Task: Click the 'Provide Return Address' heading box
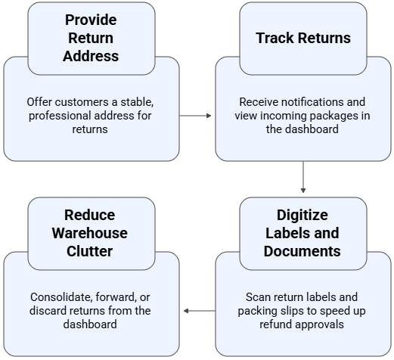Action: (91, 38)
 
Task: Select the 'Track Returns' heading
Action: (302, 38)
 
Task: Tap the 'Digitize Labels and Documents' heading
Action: (302, 233)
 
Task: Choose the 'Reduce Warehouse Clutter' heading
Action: (91, 233)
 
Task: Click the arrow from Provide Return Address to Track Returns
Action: (197, 116)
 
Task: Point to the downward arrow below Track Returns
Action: (303, 177)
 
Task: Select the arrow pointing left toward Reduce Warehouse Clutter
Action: (198, 311)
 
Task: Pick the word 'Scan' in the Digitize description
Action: (259, 297)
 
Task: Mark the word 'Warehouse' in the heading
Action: (91, 233)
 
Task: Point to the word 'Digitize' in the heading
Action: (302, 215)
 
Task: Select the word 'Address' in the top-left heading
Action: (91, 56)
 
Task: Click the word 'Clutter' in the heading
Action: (91, 251)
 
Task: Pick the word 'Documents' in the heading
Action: (302, 251)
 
